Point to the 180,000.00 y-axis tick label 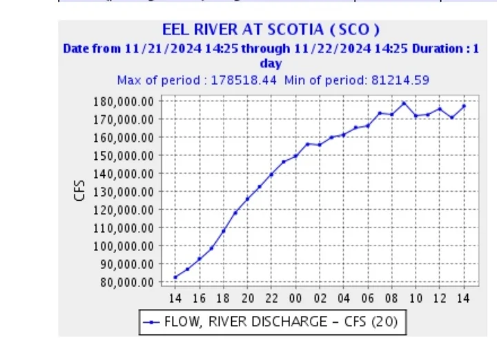coord(124,101)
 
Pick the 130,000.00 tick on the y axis coord(124,192)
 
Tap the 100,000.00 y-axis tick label coord(124,246)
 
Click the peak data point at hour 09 coord(404,103)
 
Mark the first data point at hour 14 coord(175,277)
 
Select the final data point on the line coord(464,106)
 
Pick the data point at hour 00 coord(295,156)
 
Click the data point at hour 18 coord(223,230)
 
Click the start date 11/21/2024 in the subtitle coord(153,49)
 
